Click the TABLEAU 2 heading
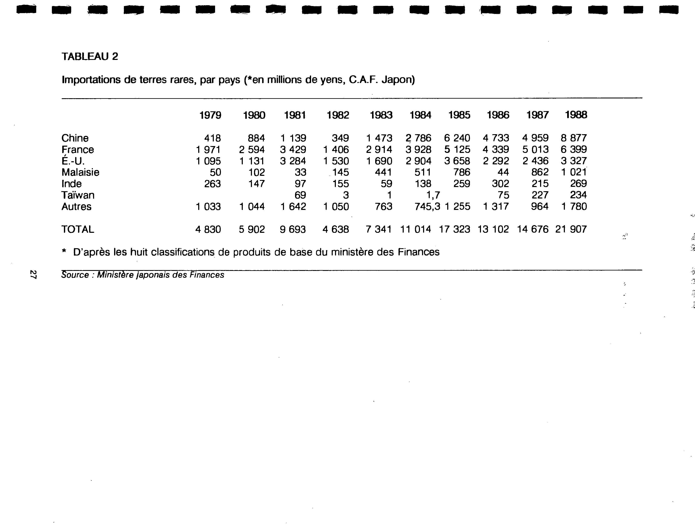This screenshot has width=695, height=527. coord(90,57)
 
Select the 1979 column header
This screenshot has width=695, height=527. coord(210,115)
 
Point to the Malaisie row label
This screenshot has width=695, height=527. coord(80,172)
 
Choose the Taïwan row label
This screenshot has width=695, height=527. coord(78,195)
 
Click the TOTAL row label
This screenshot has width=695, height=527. coord(78,229)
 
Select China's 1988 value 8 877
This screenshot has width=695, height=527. coord(574,138)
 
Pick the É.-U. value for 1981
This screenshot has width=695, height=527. coord(293,161)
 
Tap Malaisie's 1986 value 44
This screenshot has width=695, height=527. coord(503,172)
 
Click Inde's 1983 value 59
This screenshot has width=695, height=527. coord(386,184)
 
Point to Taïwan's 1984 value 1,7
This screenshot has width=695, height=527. coord(433,195)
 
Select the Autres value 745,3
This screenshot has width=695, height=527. coord(427,207)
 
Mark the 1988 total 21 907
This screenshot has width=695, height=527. coord(571,229)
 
